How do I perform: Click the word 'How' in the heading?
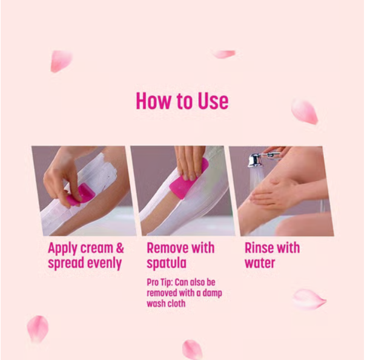point(154,101)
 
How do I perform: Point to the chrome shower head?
point(255,160)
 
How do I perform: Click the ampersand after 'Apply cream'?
point(120,248)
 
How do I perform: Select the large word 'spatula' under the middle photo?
point(167,263)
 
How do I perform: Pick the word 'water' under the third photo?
point(260,263)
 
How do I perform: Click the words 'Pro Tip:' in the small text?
point(160,283)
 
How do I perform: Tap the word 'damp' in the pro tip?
point(213,293)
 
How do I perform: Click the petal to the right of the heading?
point(305,111)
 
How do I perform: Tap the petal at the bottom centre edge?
point(192,350)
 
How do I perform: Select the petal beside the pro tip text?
point(309,299)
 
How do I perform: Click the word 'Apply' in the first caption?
point(62,249)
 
